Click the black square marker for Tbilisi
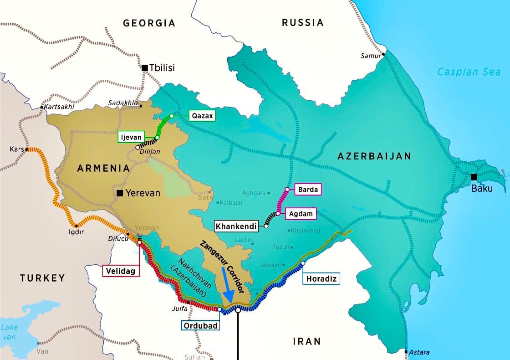coord(145,68)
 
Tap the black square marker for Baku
coord(474,177)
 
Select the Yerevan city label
coord(143,193)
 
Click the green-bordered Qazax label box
coord(201,116)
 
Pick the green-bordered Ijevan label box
coord(132,137)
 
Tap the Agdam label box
coord(301,214)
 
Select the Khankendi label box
coord(236,226)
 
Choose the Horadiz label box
coord(321,278)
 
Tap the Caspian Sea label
coord(469,72)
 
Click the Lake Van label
coord(10,332)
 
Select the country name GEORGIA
coord(149,23)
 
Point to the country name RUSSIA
coord(302,22)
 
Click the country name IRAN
coord(307,341)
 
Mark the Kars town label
coord(16,149)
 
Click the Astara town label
coord(419,352)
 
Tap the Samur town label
coord(369,56)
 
